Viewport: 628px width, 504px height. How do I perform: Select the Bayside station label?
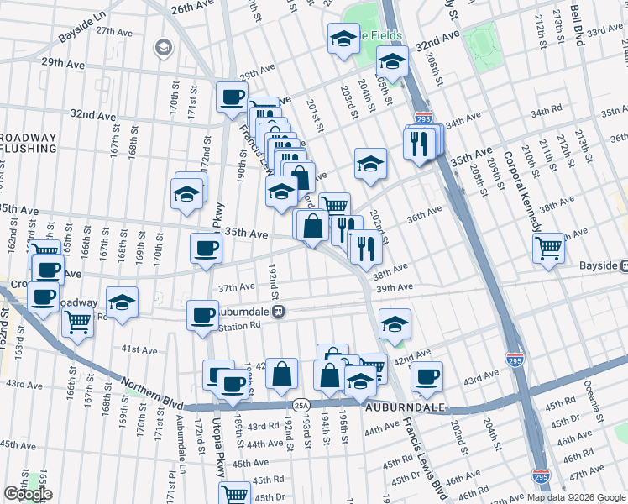point(603,265)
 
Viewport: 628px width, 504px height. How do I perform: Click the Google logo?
point(27,495)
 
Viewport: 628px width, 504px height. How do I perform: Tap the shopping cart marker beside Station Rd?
point(77,320)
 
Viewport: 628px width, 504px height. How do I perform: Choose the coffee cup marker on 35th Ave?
point(206,248)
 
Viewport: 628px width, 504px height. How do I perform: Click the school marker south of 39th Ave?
point(394,323)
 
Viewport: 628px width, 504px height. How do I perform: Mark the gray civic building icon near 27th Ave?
point(161,50)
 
